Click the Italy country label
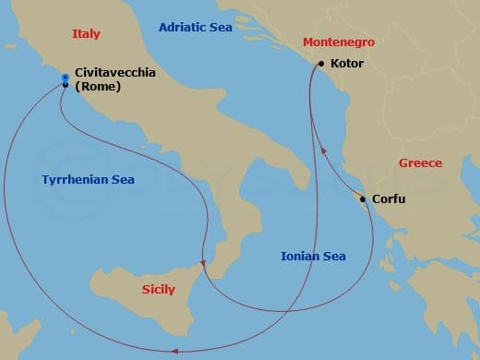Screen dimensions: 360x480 tap(86, 34)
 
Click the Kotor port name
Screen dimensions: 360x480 tap(347, 64)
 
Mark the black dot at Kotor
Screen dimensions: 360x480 tap(320, 64)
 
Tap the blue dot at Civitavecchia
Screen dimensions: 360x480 tap(65, 78)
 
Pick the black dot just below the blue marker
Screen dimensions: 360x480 tap(65, 85)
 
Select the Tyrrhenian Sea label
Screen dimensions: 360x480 tap(89, 180)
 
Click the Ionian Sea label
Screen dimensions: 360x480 tap(314, 256)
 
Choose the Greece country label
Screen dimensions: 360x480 tap(420, 163)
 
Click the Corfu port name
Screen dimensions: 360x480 tap(388, 199)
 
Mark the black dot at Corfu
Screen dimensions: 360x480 tap(363, 199)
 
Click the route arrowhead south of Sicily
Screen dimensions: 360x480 tap(173, 349)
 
